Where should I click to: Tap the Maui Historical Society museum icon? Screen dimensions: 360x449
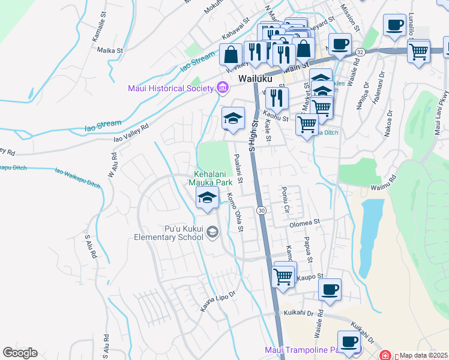click(x=223, y=89)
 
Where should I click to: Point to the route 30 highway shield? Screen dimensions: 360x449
click(x=262, y=210)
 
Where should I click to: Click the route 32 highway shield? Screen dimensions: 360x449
click(x=360, y=52)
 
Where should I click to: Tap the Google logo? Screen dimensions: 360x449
click(x=20, y=353)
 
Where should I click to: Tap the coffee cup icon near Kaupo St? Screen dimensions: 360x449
click(x=330, y=289)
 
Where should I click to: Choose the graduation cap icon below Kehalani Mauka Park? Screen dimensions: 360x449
click(x=207, y=197)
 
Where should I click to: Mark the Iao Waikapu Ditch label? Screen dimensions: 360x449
click(x=77, y=178)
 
